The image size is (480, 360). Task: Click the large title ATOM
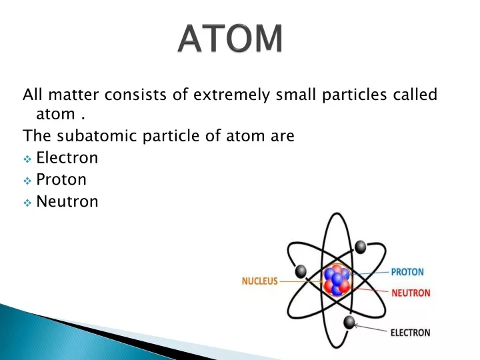[230, 38]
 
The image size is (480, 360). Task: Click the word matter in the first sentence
[73, 95]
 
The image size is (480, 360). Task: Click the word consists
[135, 95]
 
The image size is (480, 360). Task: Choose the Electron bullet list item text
[67, 158]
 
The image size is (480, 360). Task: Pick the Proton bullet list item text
[61, 179]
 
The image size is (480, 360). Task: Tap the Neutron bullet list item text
[67, 201]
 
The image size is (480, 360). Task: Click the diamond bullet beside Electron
[27, 159]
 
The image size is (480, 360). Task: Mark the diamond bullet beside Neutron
[27, 203]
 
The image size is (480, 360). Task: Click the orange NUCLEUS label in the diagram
[259, 281]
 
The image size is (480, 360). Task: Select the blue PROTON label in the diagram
[407, 272]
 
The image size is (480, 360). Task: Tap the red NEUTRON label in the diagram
[411, 293]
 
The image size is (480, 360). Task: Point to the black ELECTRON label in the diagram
[410, 333]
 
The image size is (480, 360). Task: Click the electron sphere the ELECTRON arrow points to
[349, 323]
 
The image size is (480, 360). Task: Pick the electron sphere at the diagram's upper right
[360, 247]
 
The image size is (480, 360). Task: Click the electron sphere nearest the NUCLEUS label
[301, 271]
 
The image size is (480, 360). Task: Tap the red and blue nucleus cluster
[337, 281]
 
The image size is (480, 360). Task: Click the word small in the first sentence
[296, 95]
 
